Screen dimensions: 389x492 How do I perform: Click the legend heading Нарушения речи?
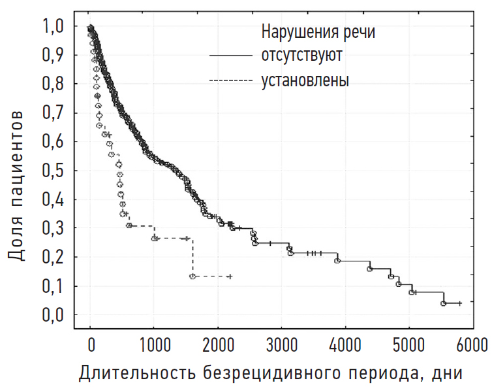click(x=318, y=31)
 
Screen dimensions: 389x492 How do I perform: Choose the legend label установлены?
click(x=305, y=80)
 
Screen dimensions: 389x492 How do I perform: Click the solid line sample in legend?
click(x=230, y=56)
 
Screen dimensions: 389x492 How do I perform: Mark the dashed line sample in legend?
click(x=230, y=81)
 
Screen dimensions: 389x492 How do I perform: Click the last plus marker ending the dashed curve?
click(x=230, y=277)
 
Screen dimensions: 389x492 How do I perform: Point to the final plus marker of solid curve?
click(x=460, y=303)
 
